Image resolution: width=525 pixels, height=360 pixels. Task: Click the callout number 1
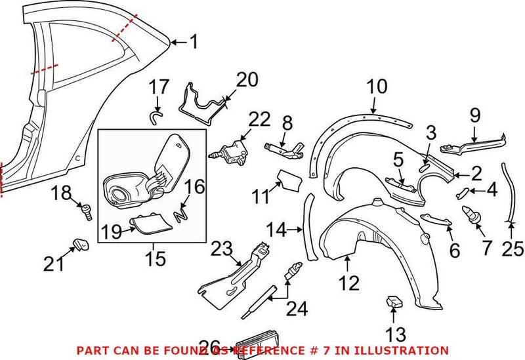point(193,43)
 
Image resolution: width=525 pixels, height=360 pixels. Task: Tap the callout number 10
point(377,87)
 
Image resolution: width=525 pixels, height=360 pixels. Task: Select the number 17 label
point(158,87)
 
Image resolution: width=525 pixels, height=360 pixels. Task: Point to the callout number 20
point(247,80)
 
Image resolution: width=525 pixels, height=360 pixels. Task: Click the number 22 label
point(259,120)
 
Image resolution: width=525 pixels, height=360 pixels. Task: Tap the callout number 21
point(55,264)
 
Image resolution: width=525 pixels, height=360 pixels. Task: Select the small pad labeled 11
point(287,179)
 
